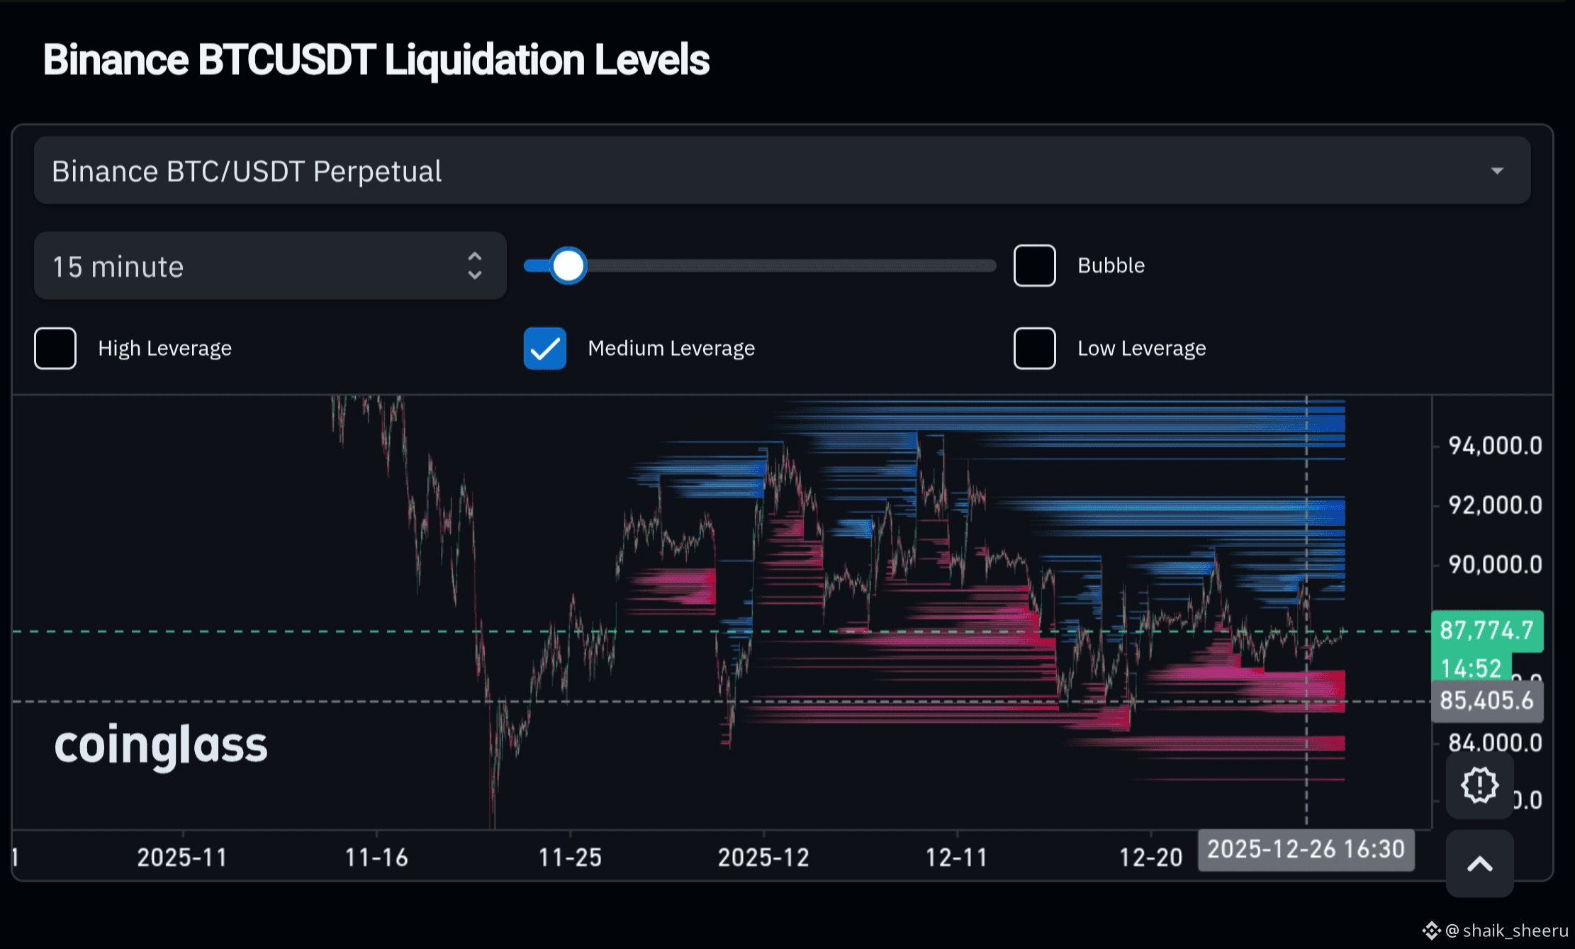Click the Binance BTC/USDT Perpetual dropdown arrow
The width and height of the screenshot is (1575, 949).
1496,171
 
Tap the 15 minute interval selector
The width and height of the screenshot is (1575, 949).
269,266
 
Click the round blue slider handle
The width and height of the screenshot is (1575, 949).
568,266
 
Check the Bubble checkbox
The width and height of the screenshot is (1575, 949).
1034,266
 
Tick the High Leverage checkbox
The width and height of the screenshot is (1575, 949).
55,348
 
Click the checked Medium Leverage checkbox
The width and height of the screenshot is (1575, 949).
544,348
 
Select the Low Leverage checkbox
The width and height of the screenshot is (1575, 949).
1034,348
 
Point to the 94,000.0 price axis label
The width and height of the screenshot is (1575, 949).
1494,446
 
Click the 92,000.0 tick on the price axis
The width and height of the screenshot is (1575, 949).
1494,505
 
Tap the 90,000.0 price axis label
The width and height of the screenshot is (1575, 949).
1494,565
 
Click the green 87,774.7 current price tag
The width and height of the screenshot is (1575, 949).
1486,630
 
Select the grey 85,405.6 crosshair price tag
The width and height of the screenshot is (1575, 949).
1486,701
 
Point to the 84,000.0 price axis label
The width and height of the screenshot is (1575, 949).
1494,743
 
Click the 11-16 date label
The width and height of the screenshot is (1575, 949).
376,858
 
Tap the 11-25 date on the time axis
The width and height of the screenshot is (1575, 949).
570,858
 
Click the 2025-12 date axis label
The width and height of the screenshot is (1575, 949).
763,858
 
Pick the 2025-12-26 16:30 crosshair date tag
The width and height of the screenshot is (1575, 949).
1306,849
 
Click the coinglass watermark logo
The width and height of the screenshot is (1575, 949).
161,746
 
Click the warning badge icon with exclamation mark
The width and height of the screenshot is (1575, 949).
1479,785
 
